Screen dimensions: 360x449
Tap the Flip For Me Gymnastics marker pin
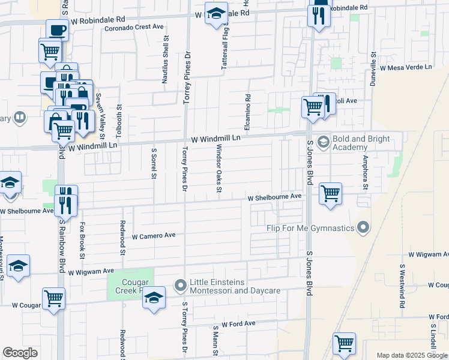[x=363, y=227]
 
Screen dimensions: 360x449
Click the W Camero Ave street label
[x=153, y=235]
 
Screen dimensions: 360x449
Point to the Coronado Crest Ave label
[x=134, y=27]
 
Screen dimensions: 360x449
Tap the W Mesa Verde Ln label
[x=410, y=68]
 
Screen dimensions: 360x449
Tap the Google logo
[x=20, y=353]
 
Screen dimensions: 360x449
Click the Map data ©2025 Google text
[x=412, y=355]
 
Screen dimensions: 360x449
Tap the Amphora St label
[x=364, y=172]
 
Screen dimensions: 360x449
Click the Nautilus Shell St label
[x=166, y=58]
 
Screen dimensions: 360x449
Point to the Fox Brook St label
[x=82, y=241]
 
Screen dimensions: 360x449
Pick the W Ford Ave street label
[x=238, y=324]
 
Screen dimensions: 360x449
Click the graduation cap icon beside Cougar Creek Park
[x=154, y=298]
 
